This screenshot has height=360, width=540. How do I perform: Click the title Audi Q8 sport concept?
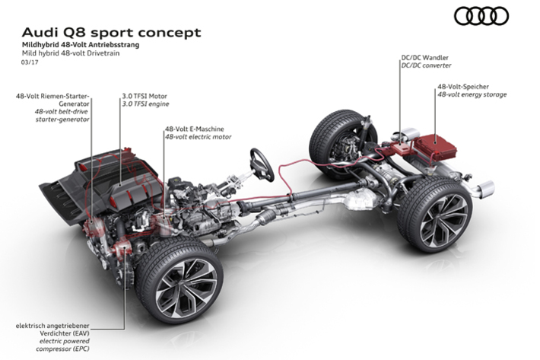[x=112, y=32]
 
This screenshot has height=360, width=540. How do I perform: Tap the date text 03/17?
[x=30, y=63]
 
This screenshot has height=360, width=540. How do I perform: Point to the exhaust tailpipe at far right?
[x=484, y=188]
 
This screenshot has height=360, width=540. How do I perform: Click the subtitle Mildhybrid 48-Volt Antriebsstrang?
[x=81, y=46]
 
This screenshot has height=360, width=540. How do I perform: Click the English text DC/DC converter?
[x=427, y=66]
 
